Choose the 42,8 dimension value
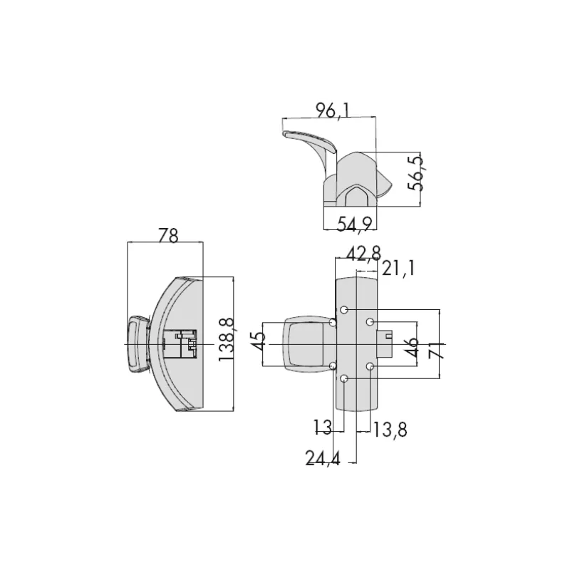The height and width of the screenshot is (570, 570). point(363,253)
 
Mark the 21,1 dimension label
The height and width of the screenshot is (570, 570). point(398,269)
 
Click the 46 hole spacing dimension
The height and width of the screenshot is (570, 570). point(411,348)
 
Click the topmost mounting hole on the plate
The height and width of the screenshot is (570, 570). point(344,311)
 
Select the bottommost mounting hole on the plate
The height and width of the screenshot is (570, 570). point(344,379)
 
